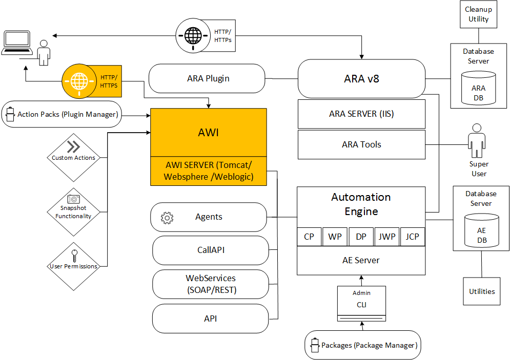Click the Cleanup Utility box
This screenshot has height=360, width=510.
tap(478, 14)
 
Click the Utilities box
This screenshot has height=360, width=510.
tap(482, 291)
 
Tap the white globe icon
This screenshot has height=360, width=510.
tap(193, 35)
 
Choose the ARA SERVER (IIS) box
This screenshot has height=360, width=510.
tap(361, 114)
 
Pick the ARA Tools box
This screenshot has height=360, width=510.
tap(361, 144)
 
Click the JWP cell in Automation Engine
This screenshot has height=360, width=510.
tap(386, 237)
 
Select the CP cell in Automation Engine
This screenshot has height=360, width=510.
tap(309, 237)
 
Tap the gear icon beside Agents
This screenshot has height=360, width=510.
tap(167, 218)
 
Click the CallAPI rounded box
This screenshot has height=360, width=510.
tap(211, 250)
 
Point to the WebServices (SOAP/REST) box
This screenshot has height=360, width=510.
tap(211, 284)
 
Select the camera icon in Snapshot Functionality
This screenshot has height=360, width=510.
tap(73, 199)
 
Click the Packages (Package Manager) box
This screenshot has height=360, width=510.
tap(362, 345)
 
